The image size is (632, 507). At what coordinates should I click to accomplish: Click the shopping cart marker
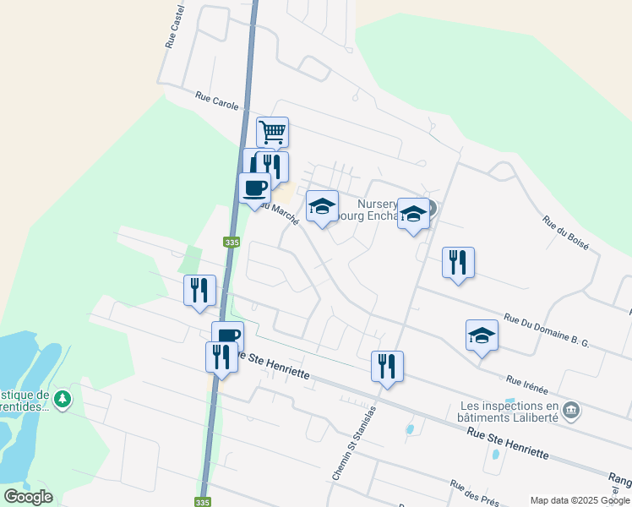pyautogui.click(x=272, y=133)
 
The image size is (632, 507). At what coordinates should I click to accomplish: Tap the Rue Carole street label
pyautogui.click(x=216, y=101)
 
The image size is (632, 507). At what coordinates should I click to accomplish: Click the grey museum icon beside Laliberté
pyautogui.click(x=571, y=412)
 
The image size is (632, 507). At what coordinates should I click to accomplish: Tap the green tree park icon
pyautogui.click(x=62, y=398)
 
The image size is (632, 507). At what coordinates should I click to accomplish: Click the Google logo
pyautogui.click(x=28, y=497)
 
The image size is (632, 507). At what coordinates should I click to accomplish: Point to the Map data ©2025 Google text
pyautogui.click(x=579, y=500)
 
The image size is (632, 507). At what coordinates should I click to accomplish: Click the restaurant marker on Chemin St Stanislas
pyautogui.click(x=387, y=367)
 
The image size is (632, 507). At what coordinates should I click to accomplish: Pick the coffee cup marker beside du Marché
pyautogui.click(x=254, y=188)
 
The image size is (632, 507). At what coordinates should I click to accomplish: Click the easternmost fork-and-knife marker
pyautogui.click(x=458, y=262)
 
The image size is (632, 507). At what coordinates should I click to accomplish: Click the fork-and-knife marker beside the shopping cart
pyautogui.click(x=273, y=165)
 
